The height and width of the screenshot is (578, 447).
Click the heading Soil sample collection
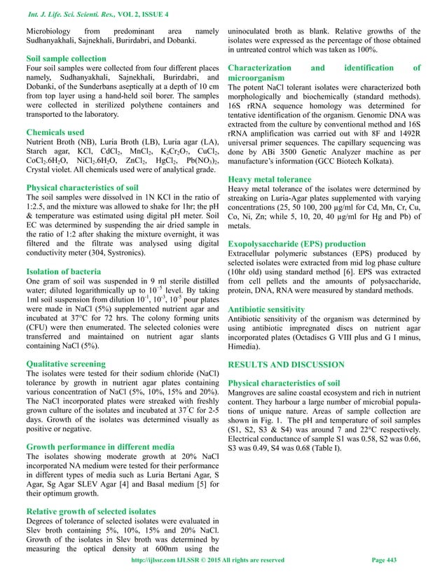click(66, 59)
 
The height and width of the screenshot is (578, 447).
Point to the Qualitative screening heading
click(66, 364)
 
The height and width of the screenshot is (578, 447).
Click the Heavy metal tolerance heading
click(270, 180)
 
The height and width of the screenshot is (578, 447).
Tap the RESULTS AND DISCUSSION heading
click(287, 365)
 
